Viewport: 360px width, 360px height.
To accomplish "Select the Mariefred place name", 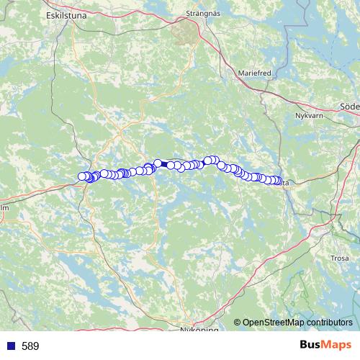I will pos(253,73).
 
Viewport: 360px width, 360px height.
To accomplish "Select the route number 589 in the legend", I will pos(30,346).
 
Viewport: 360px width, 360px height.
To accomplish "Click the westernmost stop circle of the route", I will pos(82,176).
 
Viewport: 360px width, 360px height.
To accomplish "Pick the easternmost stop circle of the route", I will pos(279,181).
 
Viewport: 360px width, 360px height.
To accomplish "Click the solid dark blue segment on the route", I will pos(164,165).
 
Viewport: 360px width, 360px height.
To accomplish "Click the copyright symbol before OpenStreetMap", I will pos(237,323).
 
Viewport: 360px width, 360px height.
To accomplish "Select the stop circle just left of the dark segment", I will pos(158,164).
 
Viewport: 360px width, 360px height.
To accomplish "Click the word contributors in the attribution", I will pos(328,323).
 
